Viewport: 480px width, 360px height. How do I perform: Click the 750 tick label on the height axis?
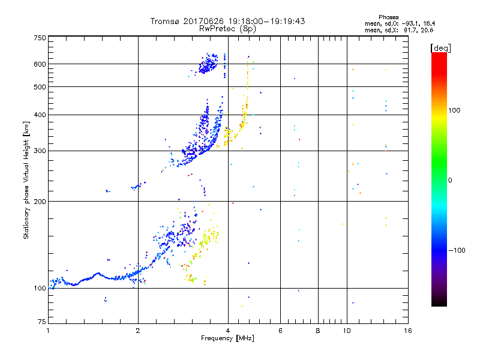40,37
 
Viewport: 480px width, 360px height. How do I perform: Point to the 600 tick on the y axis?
40,64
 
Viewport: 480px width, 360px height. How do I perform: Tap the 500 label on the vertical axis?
40,87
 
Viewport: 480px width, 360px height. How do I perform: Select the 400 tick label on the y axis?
40,115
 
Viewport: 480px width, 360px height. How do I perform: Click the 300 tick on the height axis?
40,151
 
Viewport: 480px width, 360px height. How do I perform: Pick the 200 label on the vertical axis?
40,202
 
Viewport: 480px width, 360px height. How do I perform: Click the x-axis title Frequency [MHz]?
228,340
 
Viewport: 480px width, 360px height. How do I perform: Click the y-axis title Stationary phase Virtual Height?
26,180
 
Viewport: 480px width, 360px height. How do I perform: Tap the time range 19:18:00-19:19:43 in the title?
265,21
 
